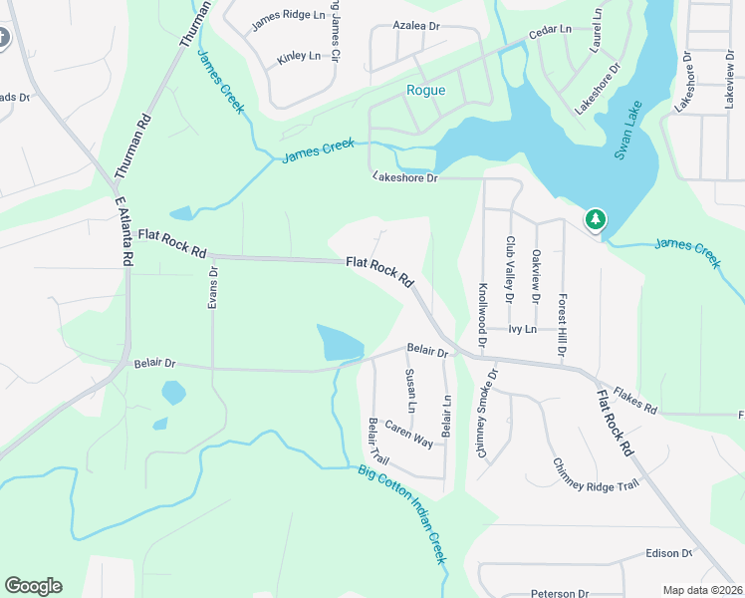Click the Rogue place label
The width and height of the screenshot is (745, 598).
point(425,91)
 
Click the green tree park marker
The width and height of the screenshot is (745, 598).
point(596,218)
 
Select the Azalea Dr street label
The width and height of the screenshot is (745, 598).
point(416,25)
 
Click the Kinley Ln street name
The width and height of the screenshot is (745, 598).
point(299,57)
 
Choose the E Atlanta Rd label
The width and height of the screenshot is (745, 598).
point(124,230)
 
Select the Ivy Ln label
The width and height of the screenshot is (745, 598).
point(522,329)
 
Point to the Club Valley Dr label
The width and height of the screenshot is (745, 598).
point(510,269)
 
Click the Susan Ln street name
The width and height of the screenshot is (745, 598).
point(409,392)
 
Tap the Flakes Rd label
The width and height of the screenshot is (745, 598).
point(635,402)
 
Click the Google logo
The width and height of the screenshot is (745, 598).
point(33,586)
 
